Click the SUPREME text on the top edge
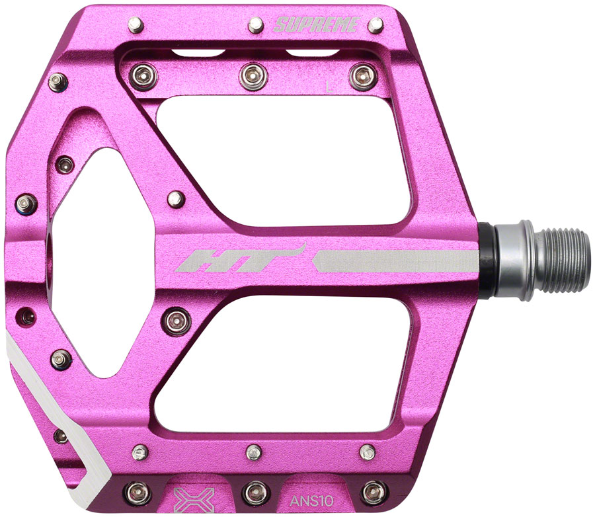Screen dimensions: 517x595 tap(316, 26)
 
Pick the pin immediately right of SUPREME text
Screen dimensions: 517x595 tap(376, 25)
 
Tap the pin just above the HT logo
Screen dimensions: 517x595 tap(175, 198)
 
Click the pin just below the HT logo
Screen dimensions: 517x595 tap(176, 321)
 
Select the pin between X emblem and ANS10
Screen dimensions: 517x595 tap(254, 491)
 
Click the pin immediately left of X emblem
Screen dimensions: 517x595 tap(138, 491)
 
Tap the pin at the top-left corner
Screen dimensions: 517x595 tap(136, 25)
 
